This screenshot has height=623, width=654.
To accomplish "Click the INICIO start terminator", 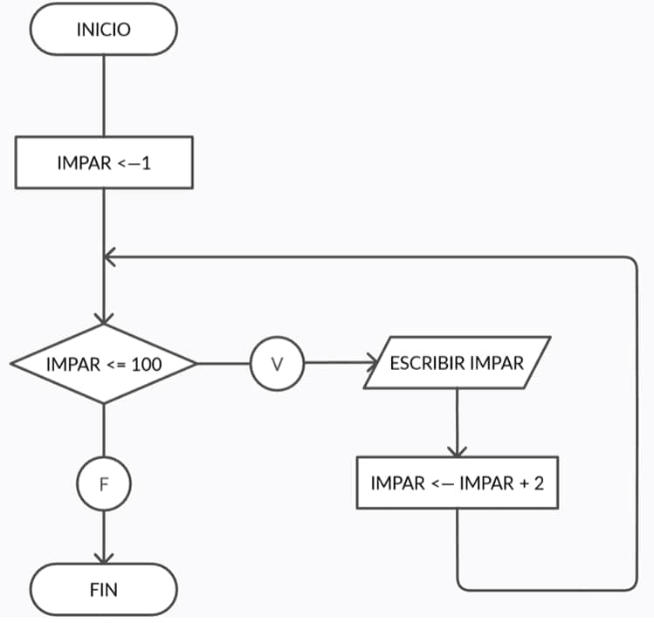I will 103,30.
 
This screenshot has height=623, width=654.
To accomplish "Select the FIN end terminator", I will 103,589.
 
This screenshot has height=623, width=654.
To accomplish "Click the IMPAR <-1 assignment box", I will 103,162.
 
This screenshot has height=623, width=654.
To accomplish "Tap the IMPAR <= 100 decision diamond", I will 103,364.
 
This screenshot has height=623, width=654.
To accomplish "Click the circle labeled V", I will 277,364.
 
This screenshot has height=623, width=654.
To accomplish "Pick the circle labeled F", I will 103,483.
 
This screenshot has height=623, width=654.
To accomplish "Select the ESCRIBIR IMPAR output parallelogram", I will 457,362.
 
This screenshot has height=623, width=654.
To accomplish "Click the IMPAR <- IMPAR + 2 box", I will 457,483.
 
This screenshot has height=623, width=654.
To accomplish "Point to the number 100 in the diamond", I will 146,364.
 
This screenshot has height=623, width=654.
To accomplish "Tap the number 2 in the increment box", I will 539,483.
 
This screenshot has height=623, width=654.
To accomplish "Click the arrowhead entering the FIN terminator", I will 103,558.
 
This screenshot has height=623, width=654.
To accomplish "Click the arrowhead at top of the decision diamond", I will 103,318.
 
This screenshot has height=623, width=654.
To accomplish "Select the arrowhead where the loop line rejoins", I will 109,257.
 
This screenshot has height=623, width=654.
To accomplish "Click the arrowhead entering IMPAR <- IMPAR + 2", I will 457,450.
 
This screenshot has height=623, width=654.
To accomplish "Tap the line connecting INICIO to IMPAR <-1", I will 103,95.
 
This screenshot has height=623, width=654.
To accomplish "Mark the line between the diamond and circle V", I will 224,364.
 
